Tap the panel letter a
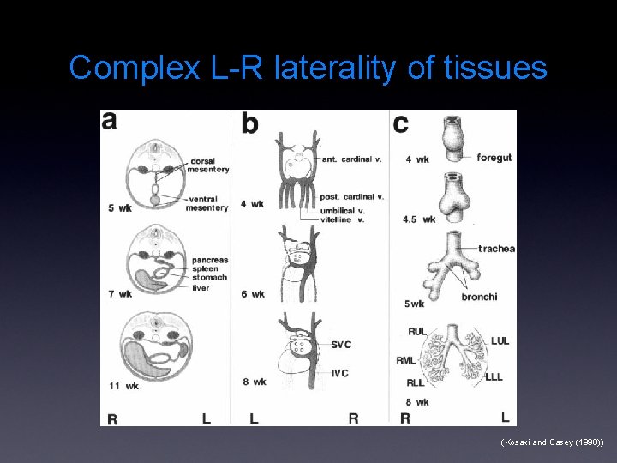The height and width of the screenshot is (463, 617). (110, 121)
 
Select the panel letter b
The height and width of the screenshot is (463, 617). (249, 123)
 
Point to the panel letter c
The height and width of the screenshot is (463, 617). (400, 123)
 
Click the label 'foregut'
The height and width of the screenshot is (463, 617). (494, 158)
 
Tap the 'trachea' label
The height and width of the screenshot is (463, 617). (496, 249)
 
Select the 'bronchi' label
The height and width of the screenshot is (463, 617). (478, 297)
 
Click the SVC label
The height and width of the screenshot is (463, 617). (341, 345)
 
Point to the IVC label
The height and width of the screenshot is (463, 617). (341, 372)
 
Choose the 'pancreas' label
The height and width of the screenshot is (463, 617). (210, 260)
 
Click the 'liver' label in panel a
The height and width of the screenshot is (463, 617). (201, 288)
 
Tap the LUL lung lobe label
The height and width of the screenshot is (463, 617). (499, 341)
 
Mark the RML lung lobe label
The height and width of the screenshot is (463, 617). (406, 361)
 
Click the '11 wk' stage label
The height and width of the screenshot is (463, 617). (123, 386)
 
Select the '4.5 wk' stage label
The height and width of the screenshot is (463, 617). (418, 219)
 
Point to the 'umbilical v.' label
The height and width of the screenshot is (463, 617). (341, 211)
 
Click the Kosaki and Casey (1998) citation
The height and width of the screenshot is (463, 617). (552, 442)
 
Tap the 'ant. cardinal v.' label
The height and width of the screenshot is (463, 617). (352, 159)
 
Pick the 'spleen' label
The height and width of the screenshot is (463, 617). (206, 268)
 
